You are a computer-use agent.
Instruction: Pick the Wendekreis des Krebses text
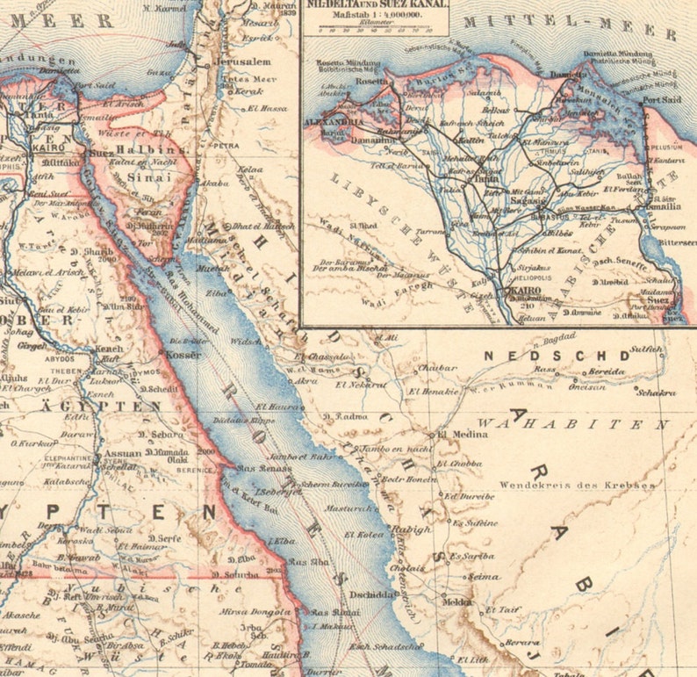pos(577,485)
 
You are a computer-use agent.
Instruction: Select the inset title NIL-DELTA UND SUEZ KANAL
pos(375,4)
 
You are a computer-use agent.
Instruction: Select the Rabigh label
pos(412,529)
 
